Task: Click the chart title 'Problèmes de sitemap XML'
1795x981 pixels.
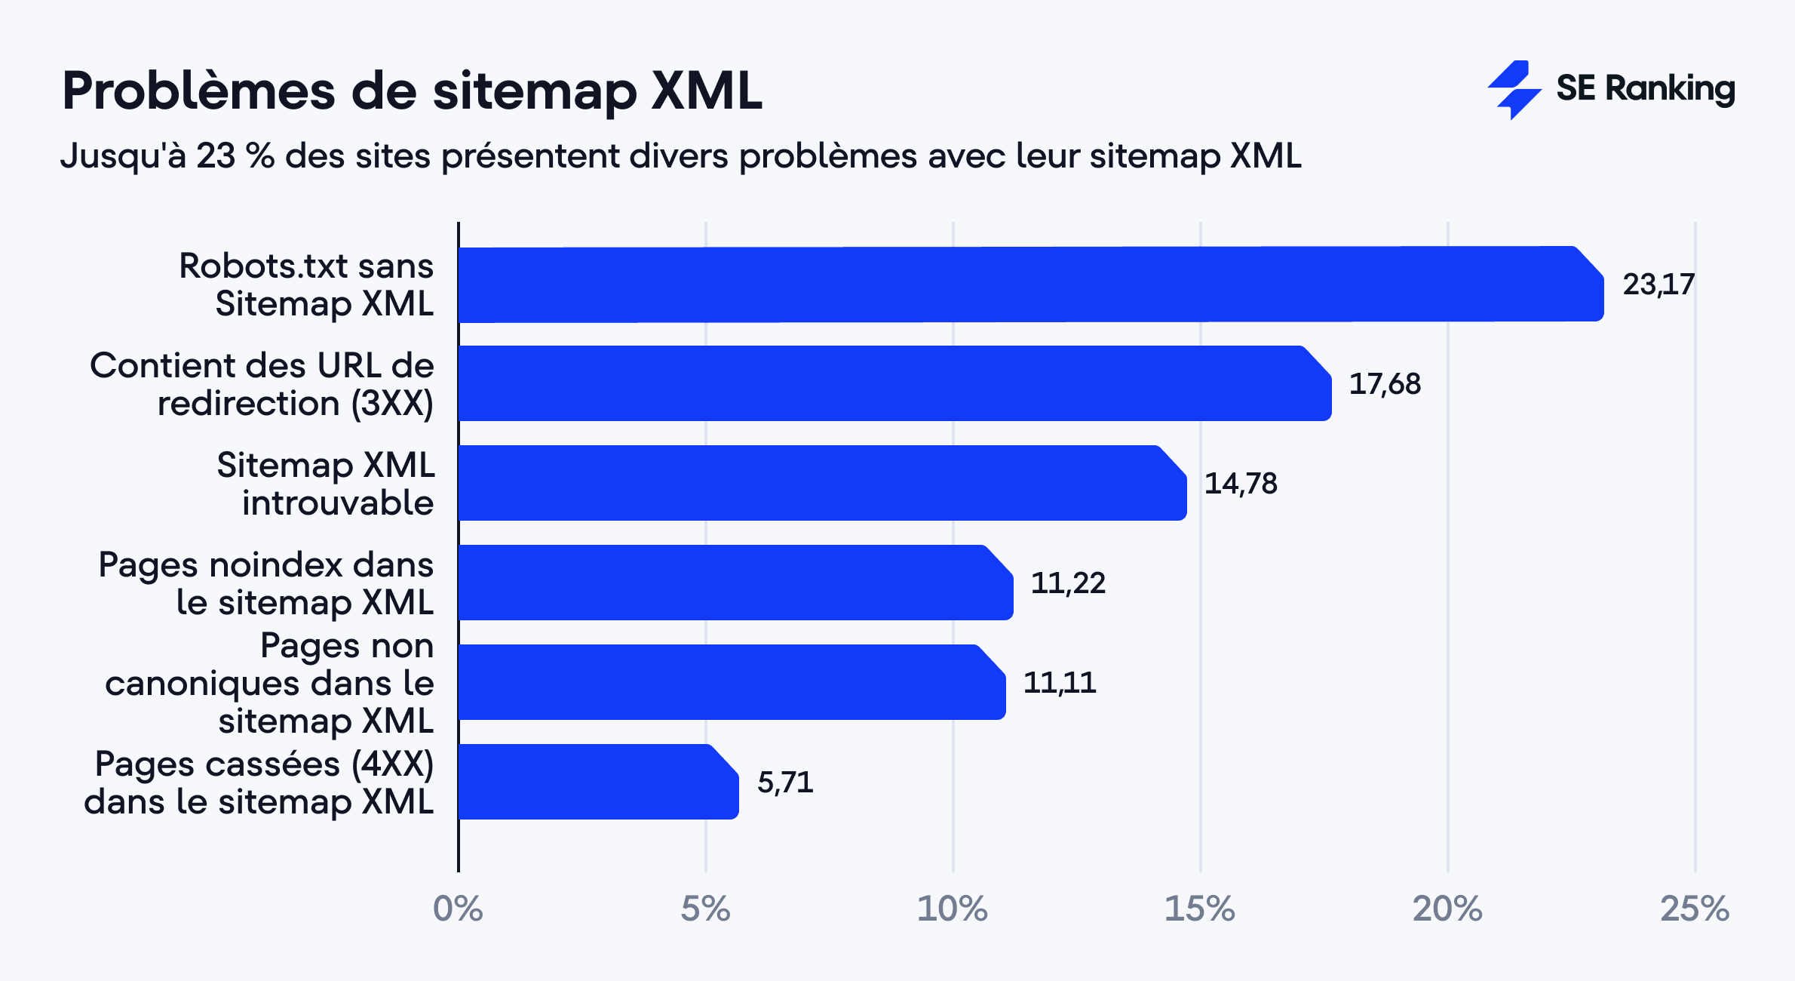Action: click(x=412, y=91)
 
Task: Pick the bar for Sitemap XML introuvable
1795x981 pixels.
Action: click(x=822, y=483)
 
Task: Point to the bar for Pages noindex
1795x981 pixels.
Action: click(x=735, y=583)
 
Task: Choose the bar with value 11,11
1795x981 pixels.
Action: click(x=732, y=682)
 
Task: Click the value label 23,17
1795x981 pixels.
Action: click(x=1658, y=284)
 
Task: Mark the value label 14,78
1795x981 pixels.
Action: click(x=1241, y=484)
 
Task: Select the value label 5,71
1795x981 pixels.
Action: click(x=785, y=783)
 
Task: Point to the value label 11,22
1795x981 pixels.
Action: click(x=1068, y=583)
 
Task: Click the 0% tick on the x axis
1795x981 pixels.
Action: click(x=458, y=909)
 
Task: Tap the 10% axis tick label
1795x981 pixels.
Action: click(x=952, y=909)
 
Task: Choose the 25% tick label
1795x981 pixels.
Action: click(x=1694, y=909)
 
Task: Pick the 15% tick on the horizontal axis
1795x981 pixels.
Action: click(x=1199, y=909)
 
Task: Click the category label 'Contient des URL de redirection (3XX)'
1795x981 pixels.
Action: click(x=262, y=384)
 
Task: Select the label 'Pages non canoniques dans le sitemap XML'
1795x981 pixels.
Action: click(x=269, y=683)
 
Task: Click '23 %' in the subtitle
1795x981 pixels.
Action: click(x=235, y=156)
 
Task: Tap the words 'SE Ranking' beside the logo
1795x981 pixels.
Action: click(x=1645, y=89)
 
